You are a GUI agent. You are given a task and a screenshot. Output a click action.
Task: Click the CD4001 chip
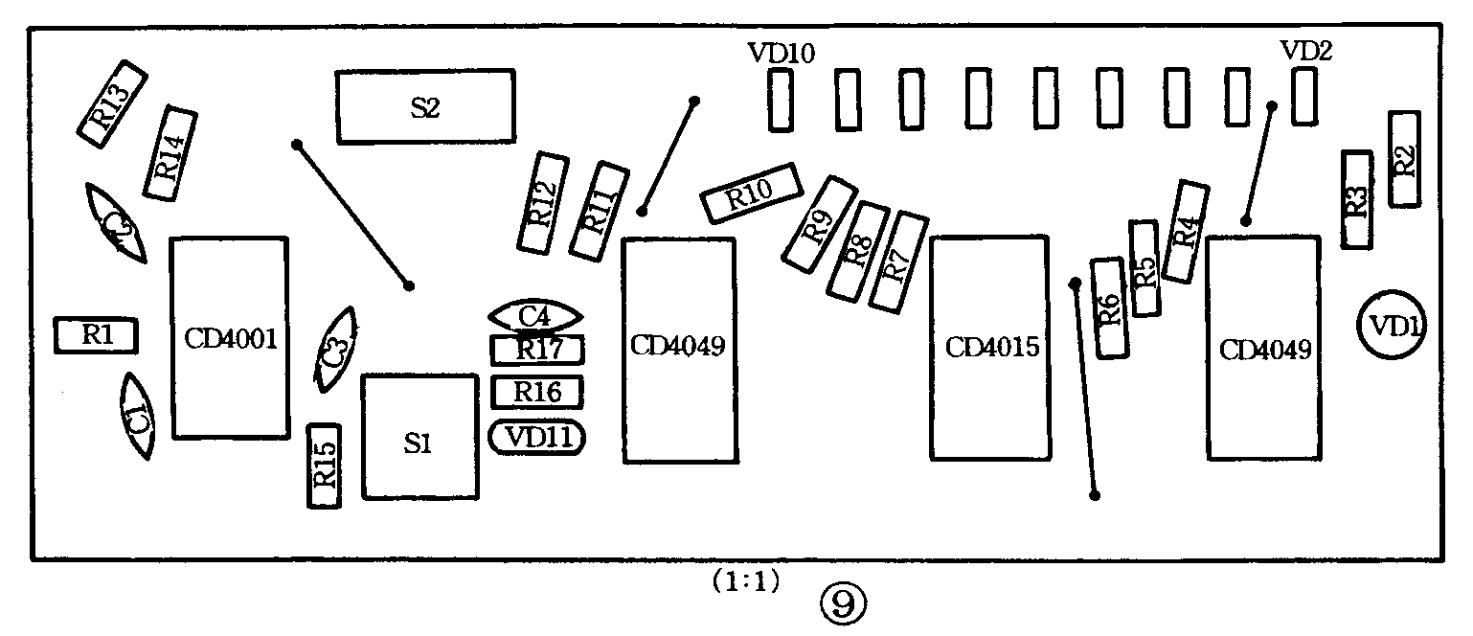click(230, 338)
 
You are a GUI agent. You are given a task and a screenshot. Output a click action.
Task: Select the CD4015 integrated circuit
click(991, 347)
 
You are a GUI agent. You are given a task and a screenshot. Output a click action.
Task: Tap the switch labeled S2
click(425, 107)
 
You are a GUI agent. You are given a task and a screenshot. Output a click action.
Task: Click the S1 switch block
click(419, 438)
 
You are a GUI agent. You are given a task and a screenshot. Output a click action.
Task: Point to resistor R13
click(111, 105)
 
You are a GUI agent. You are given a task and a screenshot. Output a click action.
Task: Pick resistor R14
click(170, 153)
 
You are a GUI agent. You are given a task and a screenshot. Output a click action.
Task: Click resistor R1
click(96, 335)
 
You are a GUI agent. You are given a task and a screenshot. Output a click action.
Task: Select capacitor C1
click(137, 416)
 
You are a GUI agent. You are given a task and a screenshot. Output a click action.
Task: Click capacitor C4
click(534, 315)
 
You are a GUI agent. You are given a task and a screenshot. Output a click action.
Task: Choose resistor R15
click(324, 466)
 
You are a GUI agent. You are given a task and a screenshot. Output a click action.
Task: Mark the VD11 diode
click(537, 438)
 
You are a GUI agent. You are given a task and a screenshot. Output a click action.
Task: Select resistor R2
click(1404, 159)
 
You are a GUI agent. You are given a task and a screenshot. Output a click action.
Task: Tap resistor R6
click(1109, 308)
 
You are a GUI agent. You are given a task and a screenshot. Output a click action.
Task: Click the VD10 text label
click(782, 54)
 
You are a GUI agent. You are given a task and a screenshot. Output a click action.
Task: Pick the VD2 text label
click(1306, 51)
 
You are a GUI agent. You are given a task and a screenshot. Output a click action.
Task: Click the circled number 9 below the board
click(844, 602)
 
